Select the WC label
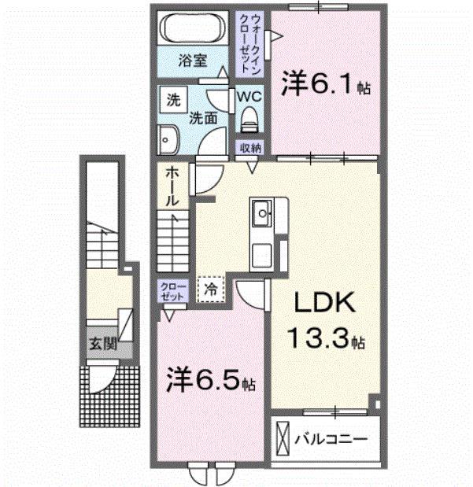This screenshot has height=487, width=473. pos(249,95)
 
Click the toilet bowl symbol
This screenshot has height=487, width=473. pos(249,120)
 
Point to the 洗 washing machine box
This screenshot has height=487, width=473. pos(171,99)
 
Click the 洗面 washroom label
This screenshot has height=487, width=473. pos(203,118)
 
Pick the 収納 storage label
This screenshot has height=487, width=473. pos(251,147)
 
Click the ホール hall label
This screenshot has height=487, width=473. pos(175,186)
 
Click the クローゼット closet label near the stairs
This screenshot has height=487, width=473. pos(171,291)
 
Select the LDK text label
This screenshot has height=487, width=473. pos(324,302)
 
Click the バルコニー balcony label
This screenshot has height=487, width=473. pos(331,438)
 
